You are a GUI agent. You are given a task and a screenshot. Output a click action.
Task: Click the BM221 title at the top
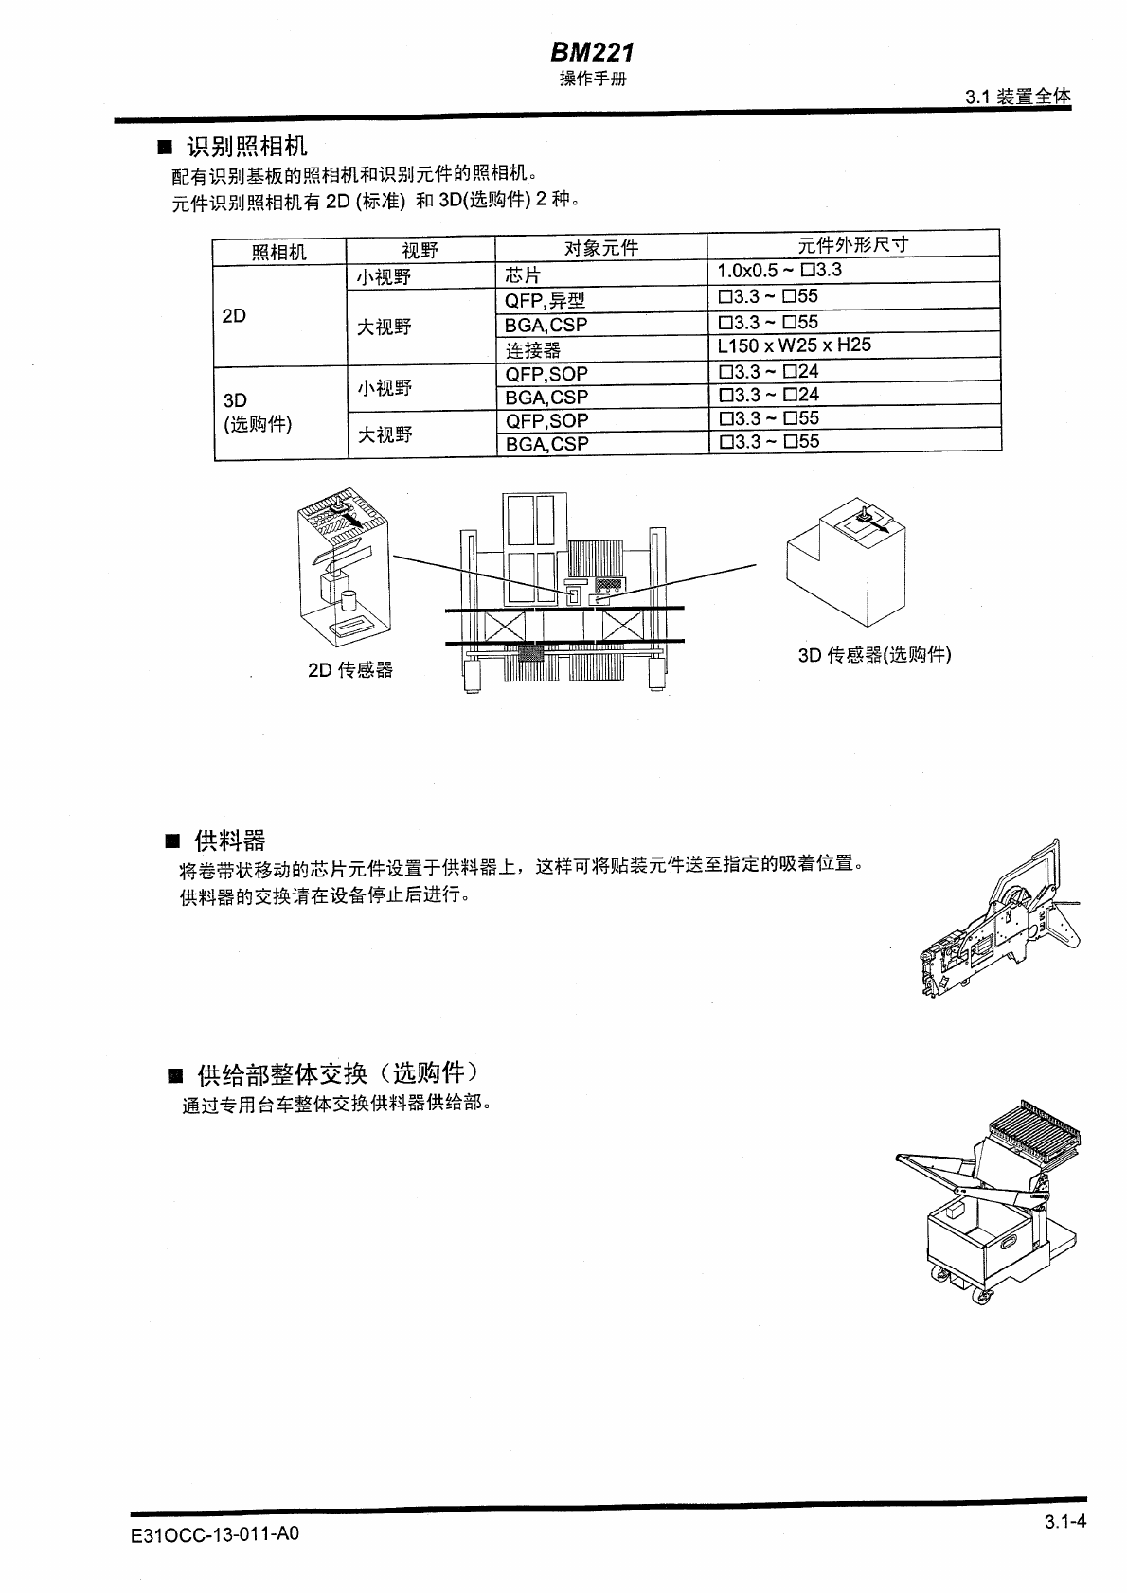click(592, 53)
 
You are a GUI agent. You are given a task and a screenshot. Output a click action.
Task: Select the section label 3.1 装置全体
click(1017, 97)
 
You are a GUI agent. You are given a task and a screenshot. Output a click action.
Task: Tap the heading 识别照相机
click(246, 147)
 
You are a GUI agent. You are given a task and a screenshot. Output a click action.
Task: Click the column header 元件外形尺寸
click(852, 244)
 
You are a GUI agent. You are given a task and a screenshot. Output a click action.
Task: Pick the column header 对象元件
click(600, 249)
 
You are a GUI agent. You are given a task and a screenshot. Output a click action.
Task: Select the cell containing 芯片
click(523, 275)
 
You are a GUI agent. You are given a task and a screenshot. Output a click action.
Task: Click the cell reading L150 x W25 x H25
click(794, 345)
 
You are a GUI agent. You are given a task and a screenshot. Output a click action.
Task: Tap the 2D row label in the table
click(234, 316)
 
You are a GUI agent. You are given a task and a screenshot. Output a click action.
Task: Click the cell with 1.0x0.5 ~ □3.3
click(779, 271)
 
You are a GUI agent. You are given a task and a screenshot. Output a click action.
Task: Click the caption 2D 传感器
click(349, 670)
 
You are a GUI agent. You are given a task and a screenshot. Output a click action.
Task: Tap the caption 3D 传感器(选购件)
click(874, 655)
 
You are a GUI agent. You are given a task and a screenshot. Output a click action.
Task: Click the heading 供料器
click(229, 841)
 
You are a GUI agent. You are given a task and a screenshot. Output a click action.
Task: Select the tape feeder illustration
click(1002, 919)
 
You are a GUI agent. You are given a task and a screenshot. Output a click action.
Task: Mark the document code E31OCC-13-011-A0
click(215, 1533)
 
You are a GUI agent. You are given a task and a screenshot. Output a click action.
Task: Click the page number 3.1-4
click(1064, 1522)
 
